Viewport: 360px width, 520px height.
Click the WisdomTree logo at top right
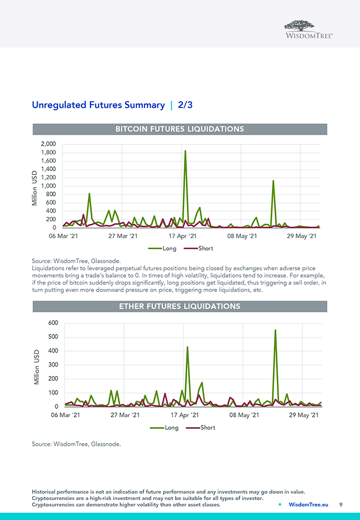[308, 29]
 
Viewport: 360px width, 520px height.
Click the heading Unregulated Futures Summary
[98, 105]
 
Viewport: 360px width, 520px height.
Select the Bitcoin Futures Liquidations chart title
[179, 129]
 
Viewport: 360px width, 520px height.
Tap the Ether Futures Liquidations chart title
[179, 306]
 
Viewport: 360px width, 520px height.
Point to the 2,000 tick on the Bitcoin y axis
[49, 144]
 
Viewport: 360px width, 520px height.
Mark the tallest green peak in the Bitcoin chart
[185, 151]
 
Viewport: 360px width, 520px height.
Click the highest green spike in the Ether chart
[275, 331]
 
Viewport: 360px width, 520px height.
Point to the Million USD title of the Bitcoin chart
[34, 187]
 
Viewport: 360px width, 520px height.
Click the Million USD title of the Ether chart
[37, 367]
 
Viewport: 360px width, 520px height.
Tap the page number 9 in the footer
[341, 504]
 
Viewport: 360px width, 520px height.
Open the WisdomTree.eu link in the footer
[308, 504]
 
